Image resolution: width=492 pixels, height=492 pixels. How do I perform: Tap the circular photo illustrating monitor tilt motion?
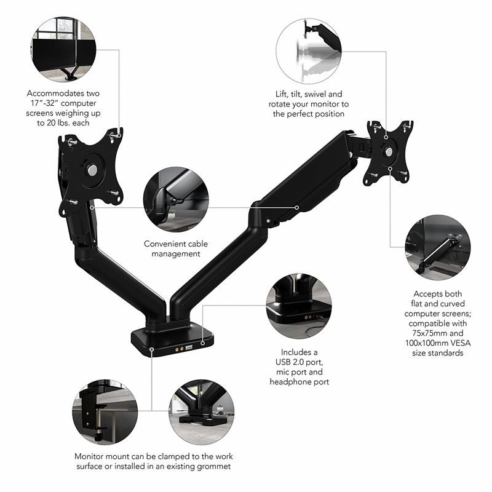click(309, 50)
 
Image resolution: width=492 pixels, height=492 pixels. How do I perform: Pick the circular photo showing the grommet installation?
click(201, 411)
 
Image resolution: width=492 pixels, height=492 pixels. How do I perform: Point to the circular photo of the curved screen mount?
click(438, 247)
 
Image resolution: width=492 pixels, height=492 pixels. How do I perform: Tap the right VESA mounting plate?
click(388, 152)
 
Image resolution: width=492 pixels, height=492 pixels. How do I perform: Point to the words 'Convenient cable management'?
click(175, 248)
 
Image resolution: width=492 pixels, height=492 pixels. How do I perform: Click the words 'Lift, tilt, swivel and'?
click(308, 94)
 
